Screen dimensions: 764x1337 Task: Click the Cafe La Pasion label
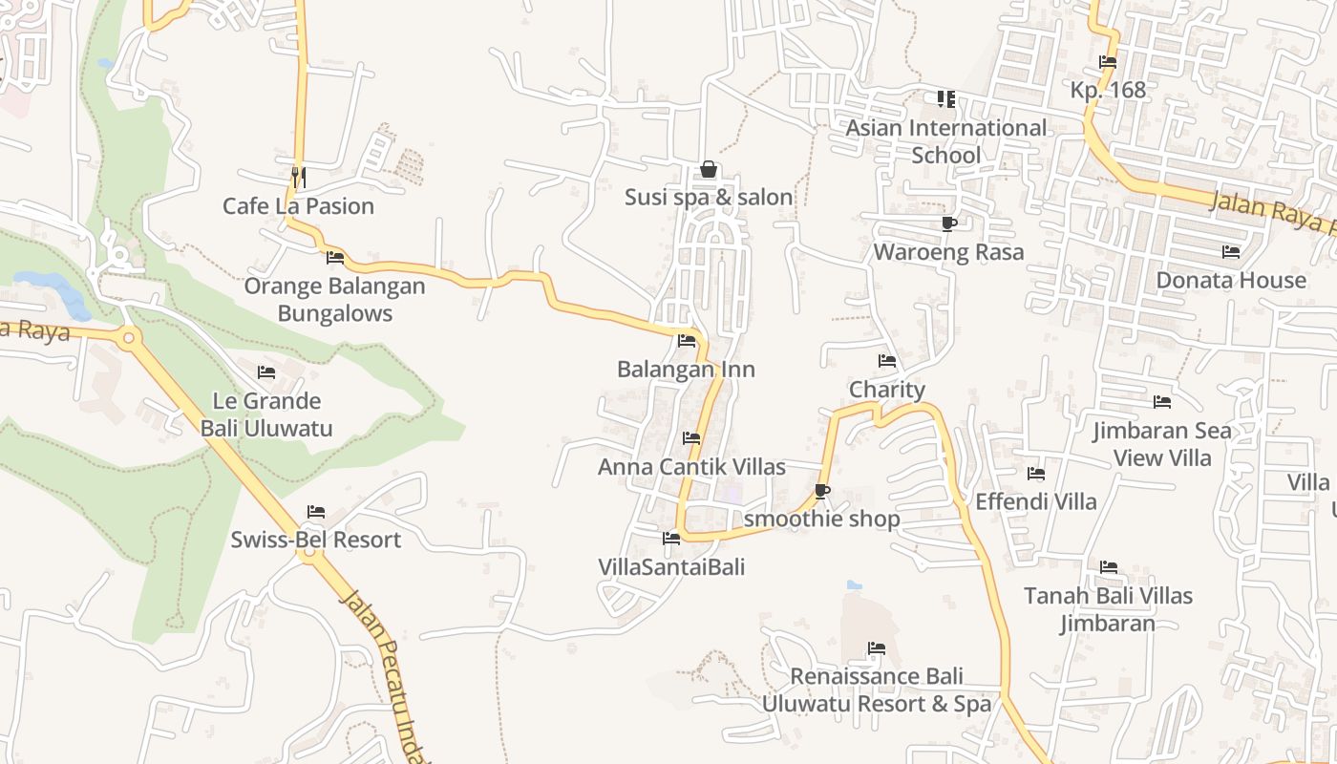[298, 206]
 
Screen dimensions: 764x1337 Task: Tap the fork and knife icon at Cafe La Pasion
[298, 177]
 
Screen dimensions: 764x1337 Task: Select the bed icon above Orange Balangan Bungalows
[335, 258]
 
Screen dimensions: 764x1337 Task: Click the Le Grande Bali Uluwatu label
[266, 414]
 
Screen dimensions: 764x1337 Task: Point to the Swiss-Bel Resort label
[315, 540]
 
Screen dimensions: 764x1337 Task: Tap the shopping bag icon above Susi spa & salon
[709, 170]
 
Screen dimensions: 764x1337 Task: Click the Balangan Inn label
[686, 370]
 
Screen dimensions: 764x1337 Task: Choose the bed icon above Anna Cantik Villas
[691, 438]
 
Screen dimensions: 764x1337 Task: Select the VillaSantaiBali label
[671, 566]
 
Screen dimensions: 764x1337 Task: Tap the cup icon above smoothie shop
[821, 492]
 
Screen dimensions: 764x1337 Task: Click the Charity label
[887, 390]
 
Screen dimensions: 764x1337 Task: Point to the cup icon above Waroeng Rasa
[948, 224]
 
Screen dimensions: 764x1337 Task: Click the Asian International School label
[946, 141]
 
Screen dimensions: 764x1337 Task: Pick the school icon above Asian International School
[945, 99]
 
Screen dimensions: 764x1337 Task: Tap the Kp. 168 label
[1108, 90]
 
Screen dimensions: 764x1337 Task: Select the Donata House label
[1231, 280]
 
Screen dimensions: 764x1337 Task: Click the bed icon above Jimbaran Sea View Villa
[1162, 402]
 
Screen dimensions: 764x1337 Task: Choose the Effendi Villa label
[1036, 501]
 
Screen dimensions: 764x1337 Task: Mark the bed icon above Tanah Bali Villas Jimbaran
[1109, 567]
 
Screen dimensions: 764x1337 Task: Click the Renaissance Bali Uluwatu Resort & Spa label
[877, 690]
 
